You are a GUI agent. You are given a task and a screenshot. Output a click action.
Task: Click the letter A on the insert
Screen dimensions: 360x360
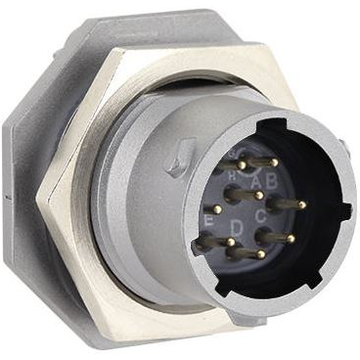pos(257,182)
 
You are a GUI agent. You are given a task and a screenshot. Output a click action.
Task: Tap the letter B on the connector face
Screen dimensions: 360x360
pos(273,180)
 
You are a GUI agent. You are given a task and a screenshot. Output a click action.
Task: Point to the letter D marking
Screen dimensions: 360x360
pos(238,228)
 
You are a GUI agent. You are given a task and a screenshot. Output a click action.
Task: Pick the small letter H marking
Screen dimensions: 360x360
pos(233,175)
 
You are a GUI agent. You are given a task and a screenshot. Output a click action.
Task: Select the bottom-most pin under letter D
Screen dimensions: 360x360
pos(260,255)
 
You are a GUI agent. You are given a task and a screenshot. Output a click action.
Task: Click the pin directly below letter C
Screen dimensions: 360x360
pos(292,238)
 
